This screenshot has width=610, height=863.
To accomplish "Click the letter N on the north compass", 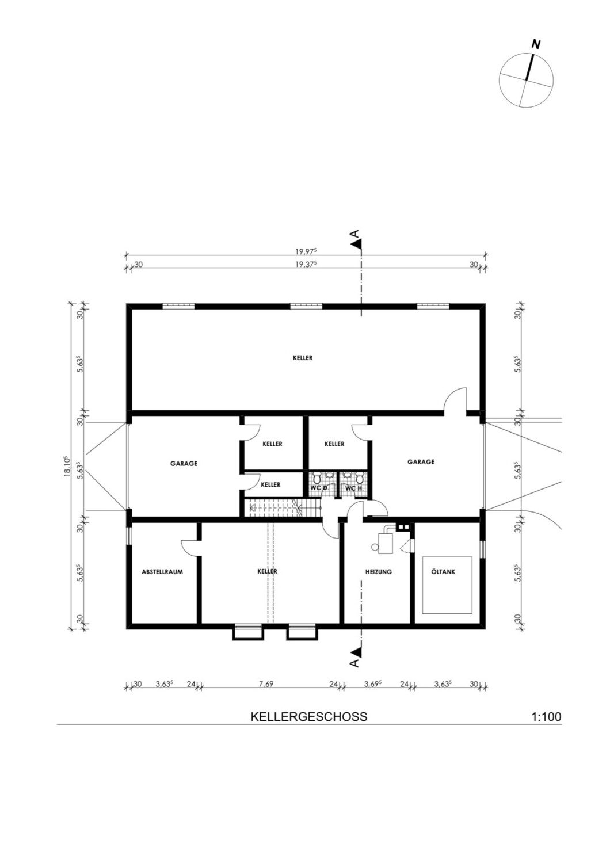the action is [535, 45].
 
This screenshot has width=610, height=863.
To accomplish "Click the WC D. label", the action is [319, 488].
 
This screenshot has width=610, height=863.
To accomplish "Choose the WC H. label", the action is [354, 488].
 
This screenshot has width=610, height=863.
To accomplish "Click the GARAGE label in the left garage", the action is [184, 464].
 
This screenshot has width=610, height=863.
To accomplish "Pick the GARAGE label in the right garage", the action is [421, 461].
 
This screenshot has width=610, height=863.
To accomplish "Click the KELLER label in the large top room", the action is [303, 358].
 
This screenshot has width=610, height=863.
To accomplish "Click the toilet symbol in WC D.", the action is [317, 479].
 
